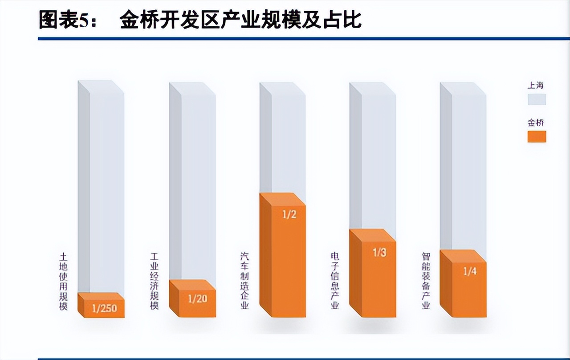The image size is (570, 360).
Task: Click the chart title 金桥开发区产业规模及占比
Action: (240, 20)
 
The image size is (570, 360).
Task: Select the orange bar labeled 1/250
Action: (102, 307)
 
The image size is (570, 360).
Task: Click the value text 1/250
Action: (104, 308)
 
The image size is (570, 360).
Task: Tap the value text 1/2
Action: (289, 215)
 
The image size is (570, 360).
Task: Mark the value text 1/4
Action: (470, 271)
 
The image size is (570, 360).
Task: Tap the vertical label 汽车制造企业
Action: (245, 281)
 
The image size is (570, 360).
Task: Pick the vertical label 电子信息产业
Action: (335, 281)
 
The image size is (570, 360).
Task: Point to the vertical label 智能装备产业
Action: (426, 281)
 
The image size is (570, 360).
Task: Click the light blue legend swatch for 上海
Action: (537, 99)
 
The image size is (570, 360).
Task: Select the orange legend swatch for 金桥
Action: (537, 136)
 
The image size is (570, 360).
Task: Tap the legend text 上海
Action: (536, 85)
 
